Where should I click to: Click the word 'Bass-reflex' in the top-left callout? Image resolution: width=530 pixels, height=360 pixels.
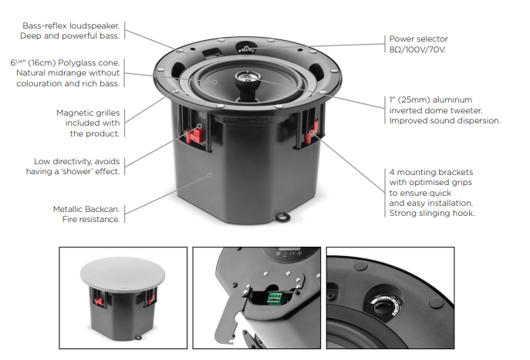point(45,25)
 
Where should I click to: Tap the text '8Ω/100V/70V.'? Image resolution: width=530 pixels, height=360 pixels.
point(417,49)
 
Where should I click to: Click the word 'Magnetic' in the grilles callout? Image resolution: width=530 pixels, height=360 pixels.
point(71,113)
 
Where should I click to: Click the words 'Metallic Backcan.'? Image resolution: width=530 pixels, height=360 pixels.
point(86,209)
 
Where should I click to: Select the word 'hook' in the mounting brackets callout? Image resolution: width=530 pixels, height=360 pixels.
point(464,213)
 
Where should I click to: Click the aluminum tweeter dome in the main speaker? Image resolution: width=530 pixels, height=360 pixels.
point(247,76)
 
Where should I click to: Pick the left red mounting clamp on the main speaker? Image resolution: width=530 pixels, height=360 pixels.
point(194,135)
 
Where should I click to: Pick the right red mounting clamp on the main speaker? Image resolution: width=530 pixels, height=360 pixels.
point(311,132)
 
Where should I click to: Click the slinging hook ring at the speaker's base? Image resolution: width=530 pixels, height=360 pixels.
point(283,217)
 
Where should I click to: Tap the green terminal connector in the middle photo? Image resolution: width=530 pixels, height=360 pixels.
point(275,298)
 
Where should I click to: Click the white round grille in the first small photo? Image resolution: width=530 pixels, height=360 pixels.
point(123,274)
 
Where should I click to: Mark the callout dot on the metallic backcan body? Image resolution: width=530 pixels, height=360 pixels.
point(210,175)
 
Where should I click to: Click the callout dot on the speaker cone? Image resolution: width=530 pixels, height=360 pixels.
point(214,82)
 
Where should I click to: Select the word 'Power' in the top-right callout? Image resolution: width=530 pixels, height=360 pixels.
point(401,39)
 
